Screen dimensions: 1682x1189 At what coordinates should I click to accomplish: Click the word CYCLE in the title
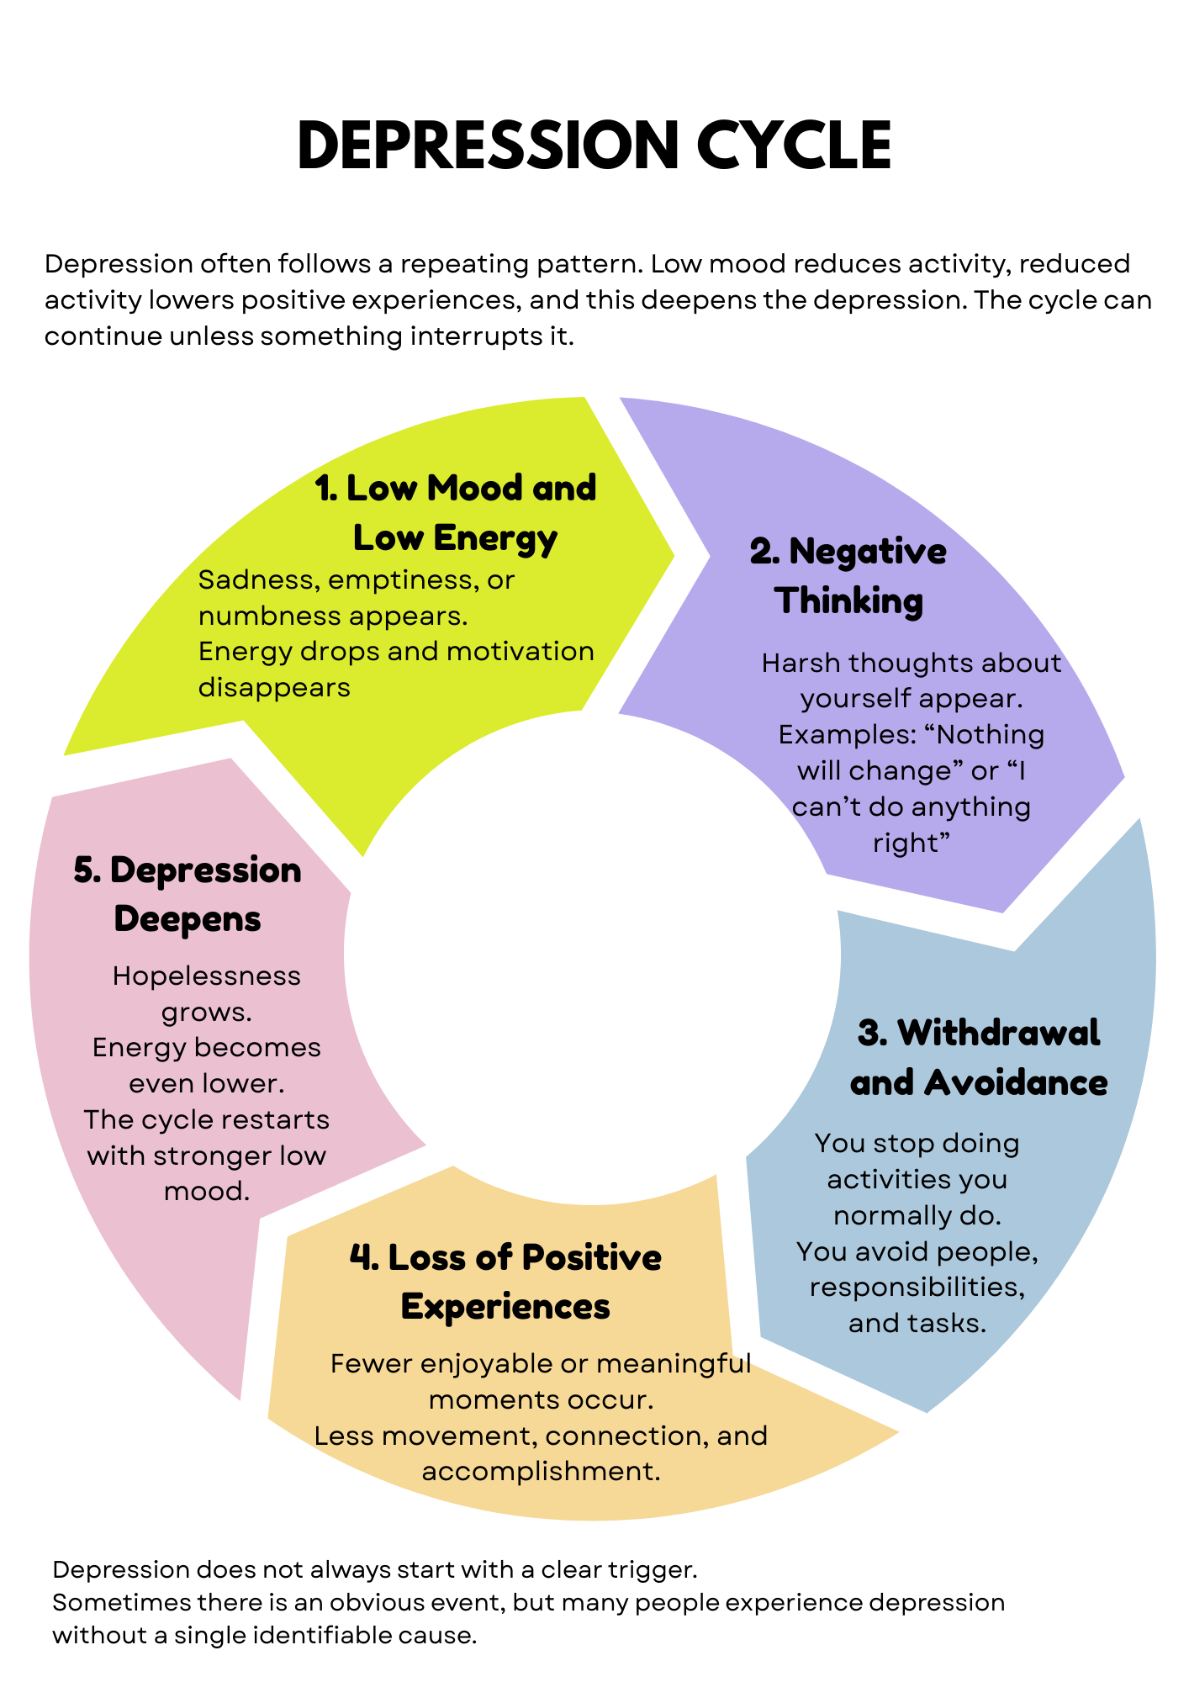coord(794,145)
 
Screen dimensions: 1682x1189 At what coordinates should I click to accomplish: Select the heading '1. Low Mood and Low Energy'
coord(455,512)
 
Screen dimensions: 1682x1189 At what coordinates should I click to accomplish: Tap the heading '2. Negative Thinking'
coord(848,576)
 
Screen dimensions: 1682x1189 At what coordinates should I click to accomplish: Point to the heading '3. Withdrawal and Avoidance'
coord(978,1057)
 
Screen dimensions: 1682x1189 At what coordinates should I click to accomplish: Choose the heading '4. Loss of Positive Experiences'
coord(505,1282)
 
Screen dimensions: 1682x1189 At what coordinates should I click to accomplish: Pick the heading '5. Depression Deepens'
coord(188,894)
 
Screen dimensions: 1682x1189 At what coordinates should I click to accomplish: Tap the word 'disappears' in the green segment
coord(274,688)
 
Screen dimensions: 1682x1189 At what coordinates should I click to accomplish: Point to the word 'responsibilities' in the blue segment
coord(917,1288)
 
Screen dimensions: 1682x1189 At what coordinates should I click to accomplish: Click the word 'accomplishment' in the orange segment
coord(536,1472)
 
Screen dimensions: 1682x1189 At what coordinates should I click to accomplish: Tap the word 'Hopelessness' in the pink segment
coord(206,976)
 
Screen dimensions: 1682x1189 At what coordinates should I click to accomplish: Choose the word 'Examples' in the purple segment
coord(846,735)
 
